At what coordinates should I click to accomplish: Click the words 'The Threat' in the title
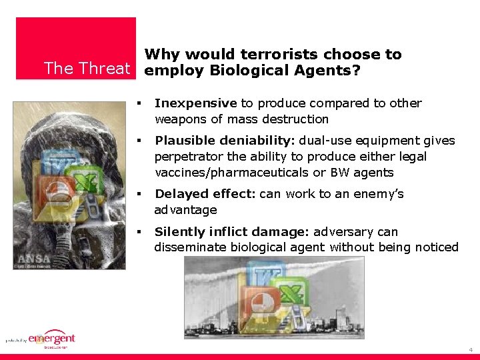point(87,69)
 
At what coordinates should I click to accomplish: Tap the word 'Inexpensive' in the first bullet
point(195,103)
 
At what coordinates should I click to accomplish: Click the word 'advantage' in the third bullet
point(186,210)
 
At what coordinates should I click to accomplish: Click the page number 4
point(471,349)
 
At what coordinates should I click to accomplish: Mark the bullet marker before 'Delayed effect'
point(140,194)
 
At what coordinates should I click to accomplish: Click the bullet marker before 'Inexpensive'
point(140,103)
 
